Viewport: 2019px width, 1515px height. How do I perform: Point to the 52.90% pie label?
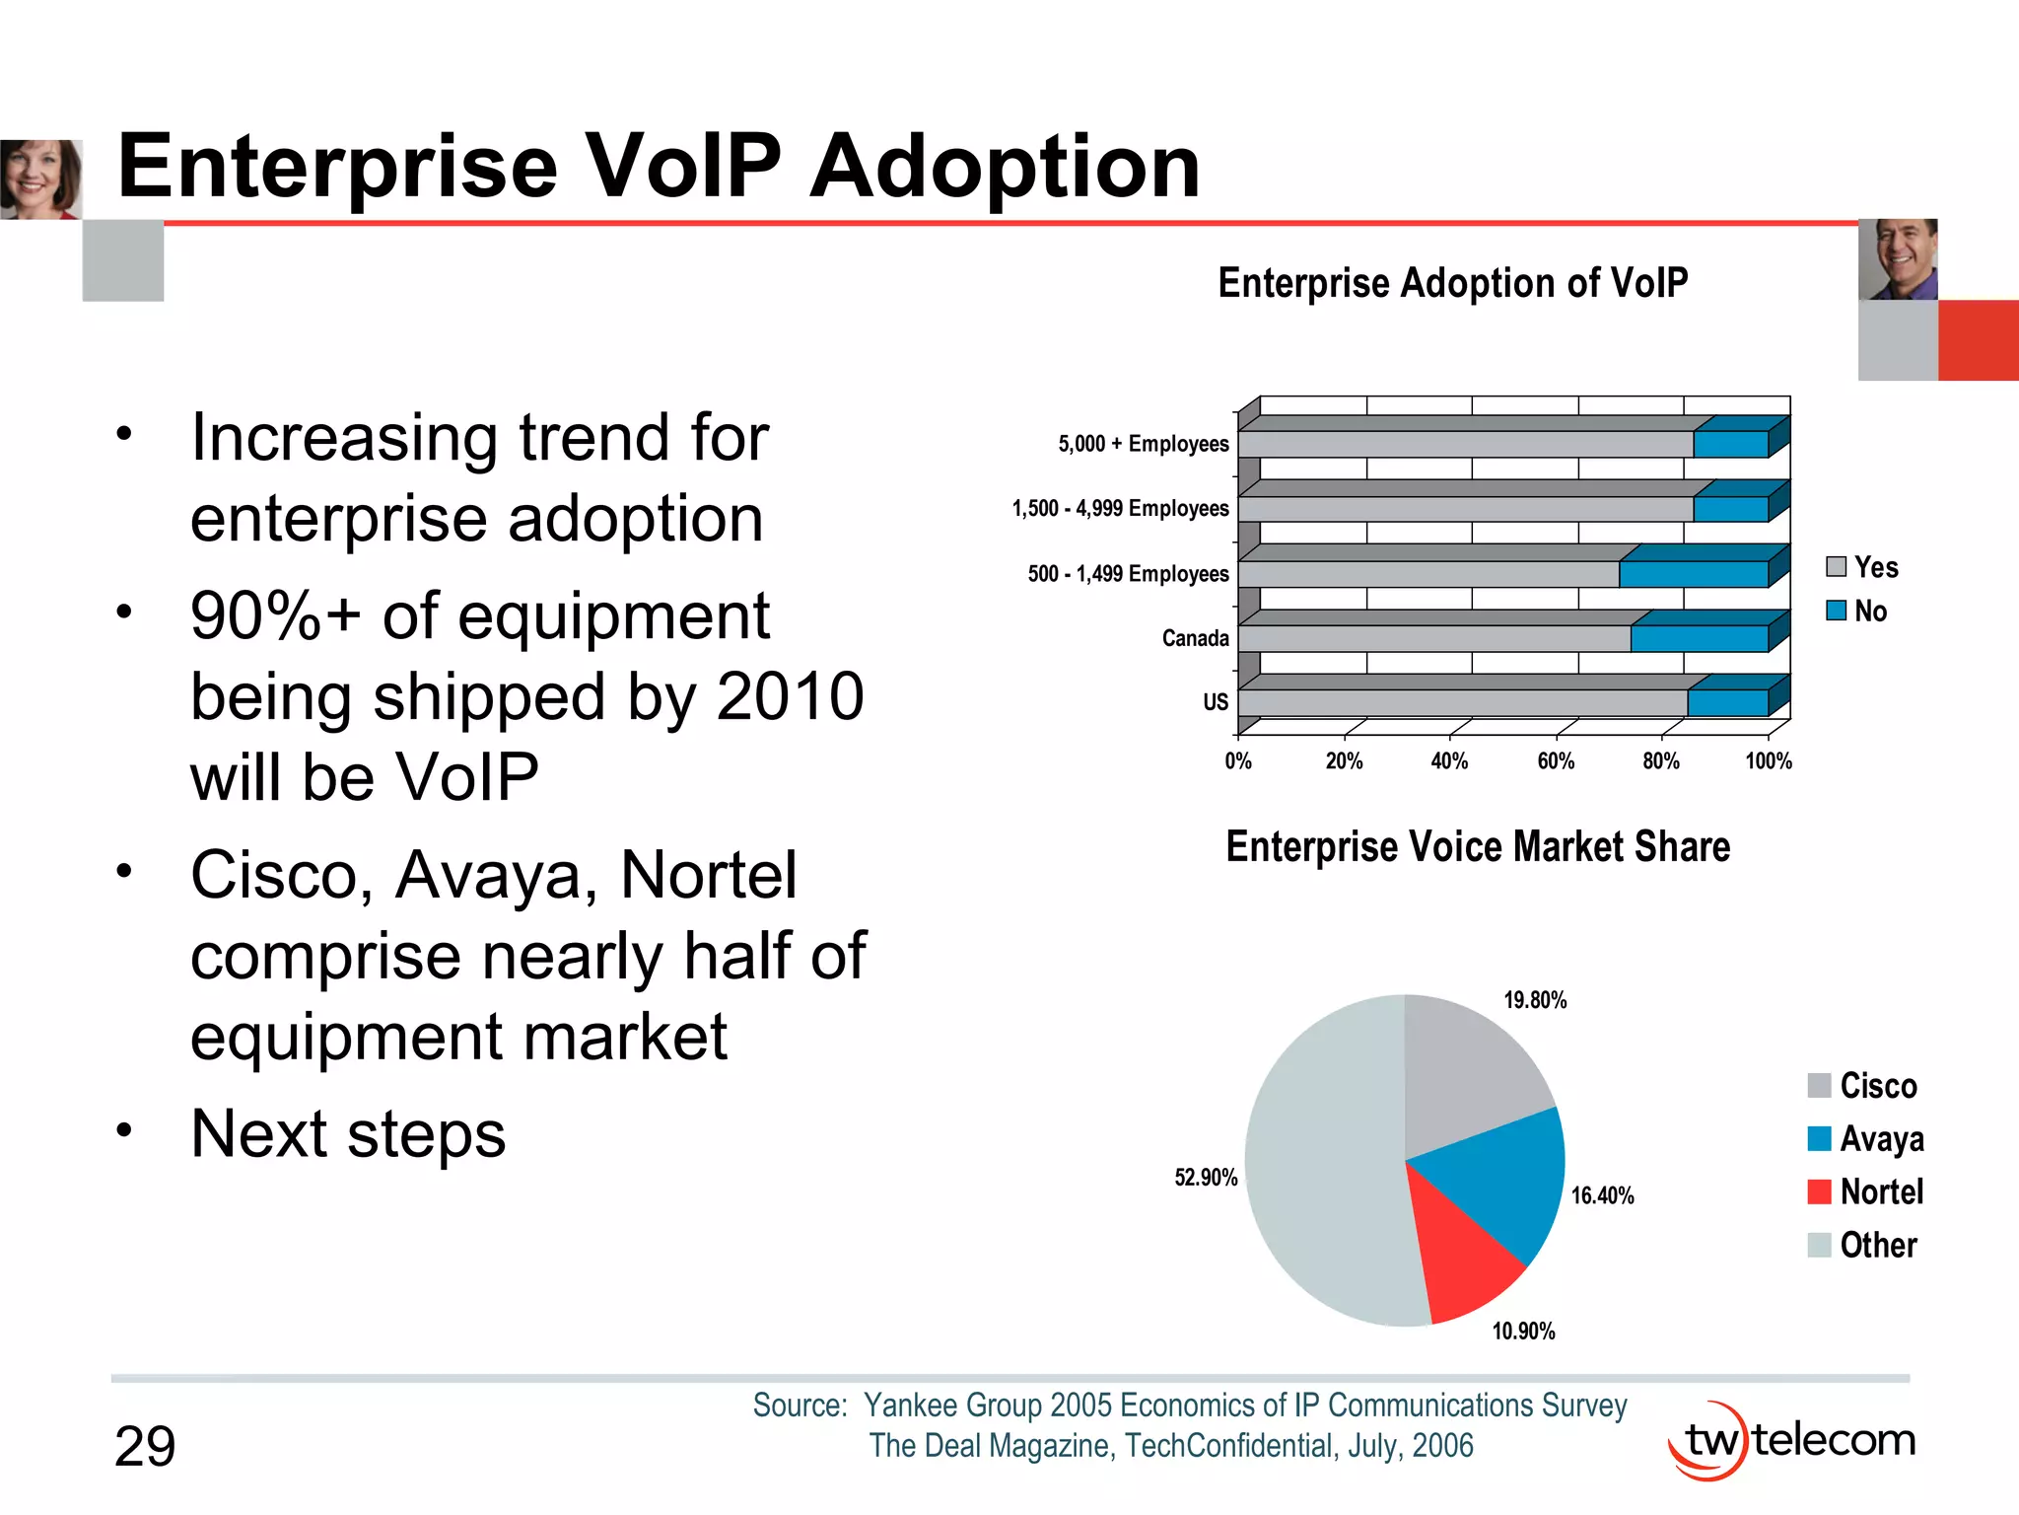click(x=1205, y=1178)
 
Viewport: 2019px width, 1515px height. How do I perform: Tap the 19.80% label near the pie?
click(x=1534, y=1000)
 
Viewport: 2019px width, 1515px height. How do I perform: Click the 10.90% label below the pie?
click(x=1523, y=1332)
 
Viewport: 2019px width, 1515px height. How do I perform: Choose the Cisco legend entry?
click(x=1863, y=1086)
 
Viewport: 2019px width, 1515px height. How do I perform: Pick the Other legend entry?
click(x=1863, y=1245)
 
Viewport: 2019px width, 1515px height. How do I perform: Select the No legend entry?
click(x=1857, y=612)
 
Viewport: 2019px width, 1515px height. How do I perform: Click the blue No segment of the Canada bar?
click(x=1698, y=639)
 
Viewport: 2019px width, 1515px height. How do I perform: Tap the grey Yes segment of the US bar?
click(x=1459, y=703)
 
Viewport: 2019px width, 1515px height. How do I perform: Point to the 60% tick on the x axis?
click(x=1556, y=761)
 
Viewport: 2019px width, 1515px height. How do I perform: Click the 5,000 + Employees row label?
click(x=1143, y=444)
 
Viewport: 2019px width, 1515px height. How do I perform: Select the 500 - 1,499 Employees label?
click(x=1128, y=574)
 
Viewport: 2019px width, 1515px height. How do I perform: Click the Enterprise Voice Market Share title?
click(x=1477, y=847)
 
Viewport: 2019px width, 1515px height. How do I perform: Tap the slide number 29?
click(x=145, y=1447)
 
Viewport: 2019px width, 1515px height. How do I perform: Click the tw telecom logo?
click(x=1792, y=1441)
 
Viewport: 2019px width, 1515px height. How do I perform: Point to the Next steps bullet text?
click(x=348, y=1134)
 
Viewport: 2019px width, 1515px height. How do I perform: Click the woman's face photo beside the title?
click(x=39, y=179)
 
